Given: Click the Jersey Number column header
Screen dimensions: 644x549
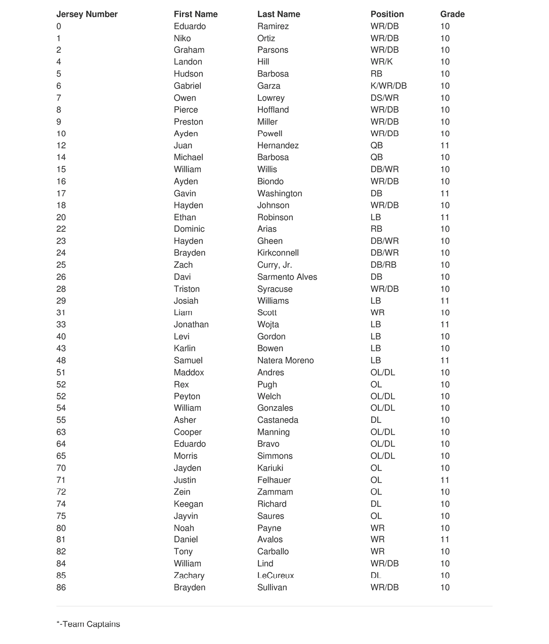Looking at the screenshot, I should point(87,14).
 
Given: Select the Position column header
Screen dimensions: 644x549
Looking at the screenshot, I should point(387,14).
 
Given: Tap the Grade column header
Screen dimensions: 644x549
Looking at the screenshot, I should point(452,14).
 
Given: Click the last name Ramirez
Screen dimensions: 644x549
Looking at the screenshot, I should point(273,26).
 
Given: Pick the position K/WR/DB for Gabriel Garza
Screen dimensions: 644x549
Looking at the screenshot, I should point(388,86).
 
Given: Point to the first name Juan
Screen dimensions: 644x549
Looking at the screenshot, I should point(183,145).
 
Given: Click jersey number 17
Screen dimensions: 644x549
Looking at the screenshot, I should point(61,193).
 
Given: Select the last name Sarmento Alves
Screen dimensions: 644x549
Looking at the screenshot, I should point(287,277).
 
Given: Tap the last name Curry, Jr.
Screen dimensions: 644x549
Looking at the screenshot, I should point(274,265).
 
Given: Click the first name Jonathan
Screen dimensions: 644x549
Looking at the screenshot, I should point(191,324).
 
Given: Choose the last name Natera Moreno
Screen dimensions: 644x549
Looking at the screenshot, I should point(285,360).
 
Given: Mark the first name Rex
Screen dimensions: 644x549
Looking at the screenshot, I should point(181,385).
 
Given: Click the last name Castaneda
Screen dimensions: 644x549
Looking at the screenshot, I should point(278,420).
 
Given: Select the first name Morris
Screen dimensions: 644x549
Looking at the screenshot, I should point(186,456).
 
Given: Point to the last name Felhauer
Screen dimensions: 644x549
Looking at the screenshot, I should point(274,480).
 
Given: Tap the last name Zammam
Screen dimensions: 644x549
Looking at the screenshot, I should point(275,492).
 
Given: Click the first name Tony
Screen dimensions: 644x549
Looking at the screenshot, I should point(183,551).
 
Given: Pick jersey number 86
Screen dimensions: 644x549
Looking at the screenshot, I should point(61,588).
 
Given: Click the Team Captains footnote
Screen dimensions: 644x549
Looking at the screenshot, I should point(88,624).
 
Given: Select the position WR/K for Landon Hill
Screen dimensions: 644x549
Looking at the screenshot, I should point(381,62).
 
